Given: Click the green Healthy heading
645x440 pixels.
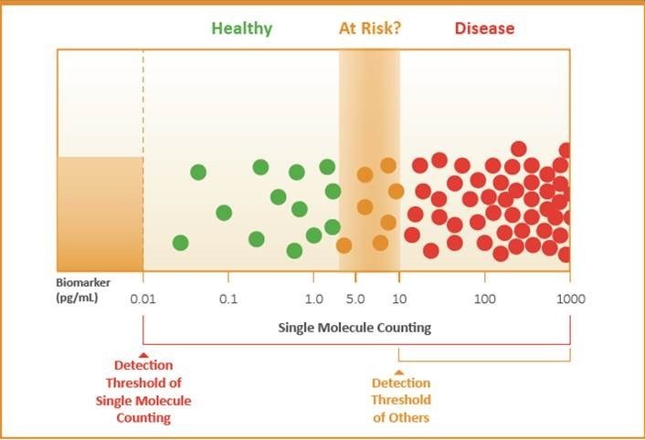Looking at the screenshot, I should click(242, 28).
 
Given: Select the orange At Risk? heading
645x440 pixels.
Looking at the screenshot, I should click(370, 28).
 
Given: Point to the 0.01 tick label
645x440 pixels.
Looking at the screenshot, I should click(143, 299).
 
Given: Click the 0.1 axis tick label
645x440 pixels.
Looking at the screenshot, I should click(228, 299).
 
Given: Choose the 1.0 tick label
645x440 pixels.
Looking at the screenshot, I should click(313, 299).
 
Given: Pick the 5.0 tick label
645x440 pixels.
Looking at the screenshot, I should click(356, 299).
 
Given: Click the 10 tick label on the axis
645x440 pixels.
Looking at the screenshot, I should click(399, 299).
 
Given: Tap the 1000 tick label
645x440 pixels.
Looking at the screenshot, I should click(570, 299).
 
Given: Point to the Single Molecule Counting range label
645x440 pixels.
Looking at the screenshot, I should click(354, 327).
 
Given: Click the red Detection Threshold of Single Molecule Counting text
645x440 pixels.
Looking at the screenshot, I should click(143, 392).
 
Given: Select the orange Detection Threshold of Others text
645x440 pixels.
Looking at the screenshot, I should click(400, 401).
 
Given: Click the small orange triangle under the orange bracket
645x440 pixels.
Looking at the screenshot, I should click(399, 372).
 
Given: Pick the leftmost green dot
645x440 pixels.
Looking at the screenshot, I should click(180, 243).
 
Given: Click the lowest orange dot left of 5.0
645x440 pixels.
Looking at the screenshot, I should click(344, 245).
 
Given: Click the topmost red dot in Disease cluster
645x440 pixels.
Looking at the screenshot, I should click(518, 149).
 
